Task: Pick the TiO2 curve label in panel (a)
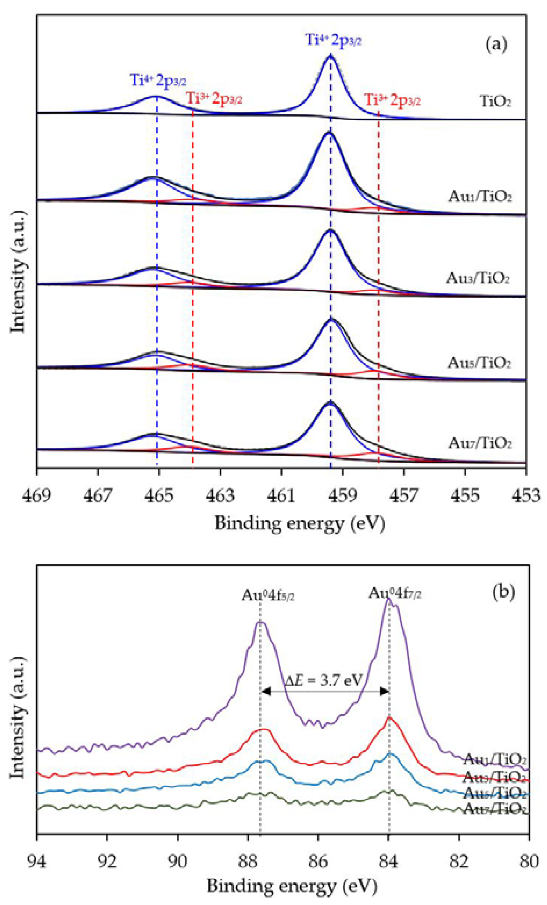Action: (496, 101)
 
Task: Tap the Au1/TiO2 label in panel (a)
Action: (480, 196)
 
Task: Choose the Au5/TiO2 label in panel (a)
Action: (479, 363)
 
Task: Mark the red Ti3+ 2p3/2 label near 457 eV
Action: (392, 100)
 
